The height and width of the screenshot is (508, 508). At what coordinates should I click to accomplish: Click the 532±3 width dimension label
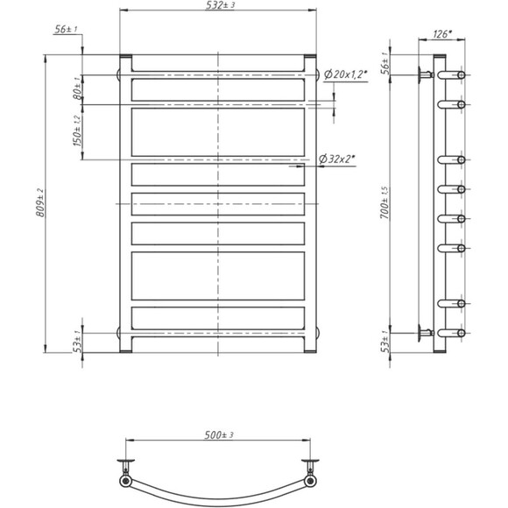tap(220, 5)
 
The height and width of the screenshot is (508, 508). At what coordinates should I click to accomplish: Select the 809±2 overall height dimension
tap(40, 203)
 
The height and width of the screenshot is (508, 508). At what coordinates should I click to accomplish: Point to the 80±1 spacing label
tap(77, 88)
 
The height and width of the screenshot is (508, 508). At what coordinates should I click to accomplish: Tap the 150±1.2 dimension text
tap(78, 131)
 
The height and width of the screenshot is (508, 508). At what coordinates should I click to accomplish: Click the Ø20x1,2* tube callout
tap(345, 74)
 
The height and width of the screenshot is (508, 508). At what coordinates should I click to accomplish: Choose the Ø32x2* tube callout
tap(337, 159)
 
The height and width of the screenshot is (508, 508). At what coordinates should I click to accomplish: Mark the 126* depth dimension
tap(442, 34)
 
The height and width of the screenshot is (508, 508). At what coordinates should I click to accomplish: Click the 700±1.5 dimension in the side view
tap(385, 203)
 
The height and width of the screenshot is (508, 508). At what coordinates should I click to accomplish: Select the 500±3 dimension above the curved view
tap(219, 435)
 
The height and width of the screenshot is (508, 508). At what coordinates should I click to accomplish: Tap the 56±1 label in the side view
tap(385, 63)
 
